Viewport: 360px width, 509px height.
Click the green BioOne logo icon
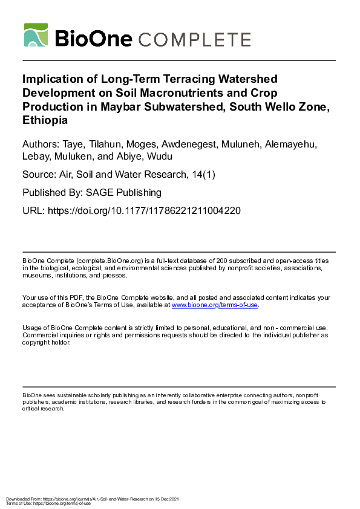click(36, 35)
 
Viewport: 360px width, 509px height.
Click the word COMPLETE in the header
click(195, 39)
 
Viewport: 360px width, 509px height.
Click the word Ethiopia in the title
click(45, 120)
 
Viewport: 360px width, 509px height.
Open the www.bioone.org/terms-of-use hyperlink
click(215, 305)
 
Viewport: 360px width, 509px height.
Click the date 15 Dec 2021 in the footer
click(166, 498)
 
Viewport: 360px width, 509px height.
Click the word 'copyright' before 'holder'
click(36, 342)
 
